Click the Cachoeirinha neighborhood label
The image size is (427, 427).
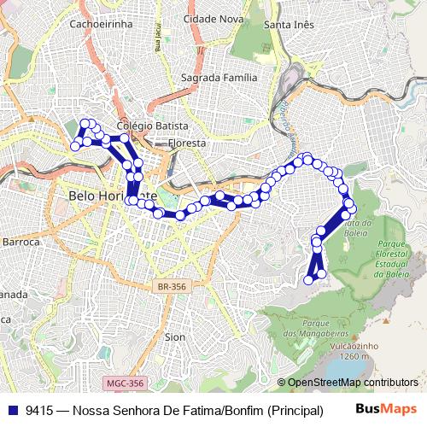(102, 24)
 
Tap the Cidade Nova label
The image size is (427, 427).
(213, 18)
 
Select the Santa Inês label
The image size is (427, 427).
(289, 24)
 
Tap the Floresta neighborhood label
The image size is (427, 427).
(186, 143)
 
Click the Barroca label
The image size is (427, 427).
(20, 242)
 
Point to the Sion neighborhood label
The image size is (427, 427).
(174, 336)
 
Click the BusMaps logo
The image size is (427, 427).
(386, 409)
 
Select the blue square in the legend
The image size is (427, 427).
(11, 410)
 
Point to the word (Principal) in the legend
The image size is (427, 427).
(295, 410)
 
